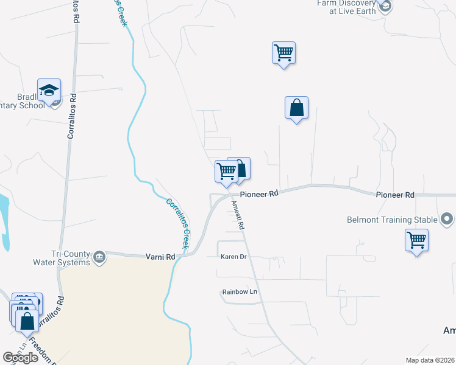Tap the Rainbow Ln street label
(240, 293)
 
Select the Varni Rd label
(160, 257)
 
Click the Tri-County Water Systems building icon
(99, 258)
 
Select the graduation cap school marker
(49, 91)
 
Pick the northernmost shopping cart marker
(283, 53)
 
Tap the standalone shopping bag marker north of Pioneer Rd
(296, 108)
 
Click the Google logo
(20, 358)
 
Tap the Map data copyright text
(430, 360)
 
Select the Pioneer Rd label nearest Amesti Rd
(259, 194)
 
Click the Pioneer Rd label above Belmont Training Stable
(395, 195)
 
